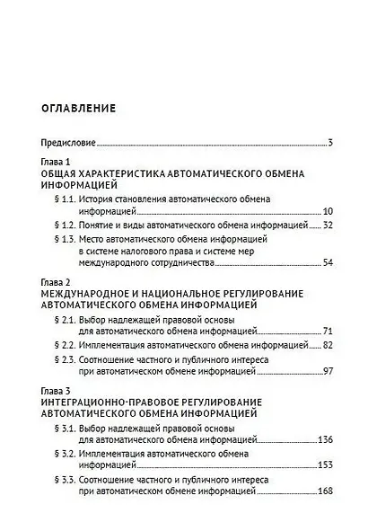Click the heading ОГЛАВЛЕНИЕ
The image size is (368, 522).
pyautogui.click(x=79, y=109)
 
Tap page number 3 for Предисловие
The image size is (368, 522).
pyautogui.click(x=330, y=143)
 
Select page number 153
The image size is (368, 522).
pyautogui.click(x=325, y=464)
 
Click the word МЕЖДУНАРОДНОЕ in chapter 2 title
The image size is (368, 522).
pyautogui.click(x=90, y=294)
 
